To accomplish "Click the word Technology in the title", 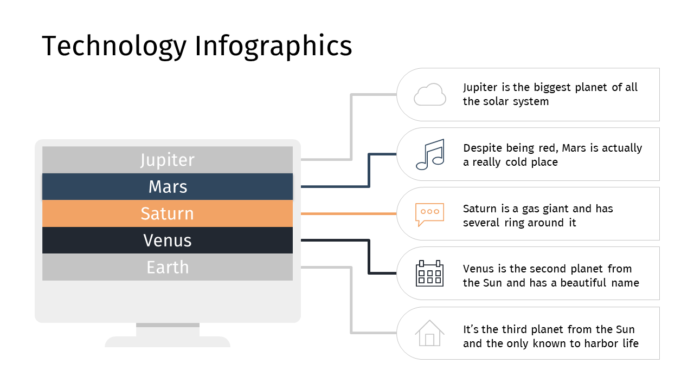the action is (114, 47).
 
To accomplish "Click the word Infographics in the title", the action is (273, 47).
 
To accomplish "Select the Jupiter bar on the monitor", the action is (168, 160).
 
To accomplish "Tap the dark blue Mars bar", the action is (168, 187).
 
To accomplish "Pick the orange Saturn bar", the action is (168, 213).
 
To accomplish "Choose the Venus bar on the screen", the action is (168, 240).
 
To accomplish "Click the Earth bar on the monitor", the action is (168, 267).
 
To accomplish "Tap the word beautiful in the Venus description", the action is (583, 283).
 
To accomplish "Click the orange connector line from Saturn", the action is (349, 213).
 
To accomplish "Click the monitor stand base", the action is (168, 342).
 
